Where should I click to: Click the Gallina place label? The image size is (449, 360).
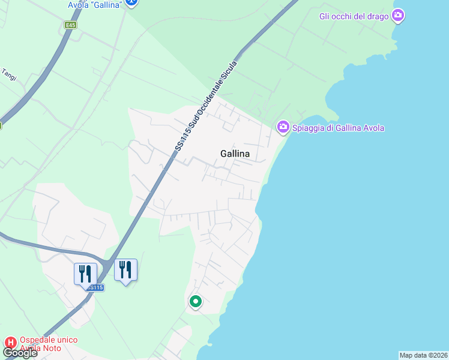[x=235, y=154]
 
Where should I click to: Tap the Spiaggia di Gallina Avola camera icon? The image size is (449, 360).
[x=283, y=127]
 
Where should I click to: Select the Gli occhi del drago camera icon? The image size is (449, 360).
[x=397, y=16]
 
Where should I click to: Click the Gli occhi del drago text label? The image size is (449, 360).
[x=354, y=16]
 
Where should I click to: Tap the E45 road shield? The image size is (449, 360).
[x=71, y=25]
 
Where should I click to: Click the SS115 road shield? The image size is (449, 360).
[x=95, y=288]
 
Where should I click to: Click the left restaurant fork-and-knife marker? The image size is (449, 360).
[x=85, y=274]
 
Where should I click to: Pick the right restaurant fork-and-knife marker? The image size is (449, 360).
[x=125, y=269]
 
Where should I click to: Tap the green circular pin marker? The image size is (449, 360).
[x=195, y=302]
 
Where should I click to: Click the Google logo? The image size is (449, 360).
[x=20, y=353]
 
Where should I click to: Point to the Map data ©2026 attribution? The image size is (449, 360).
[x=424, y=355]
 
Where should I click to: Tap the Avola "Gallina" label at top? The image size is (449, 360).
[x=95, y=4]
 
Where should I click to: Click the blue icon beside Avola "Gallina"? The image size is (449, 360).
[x=133, y=3]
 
